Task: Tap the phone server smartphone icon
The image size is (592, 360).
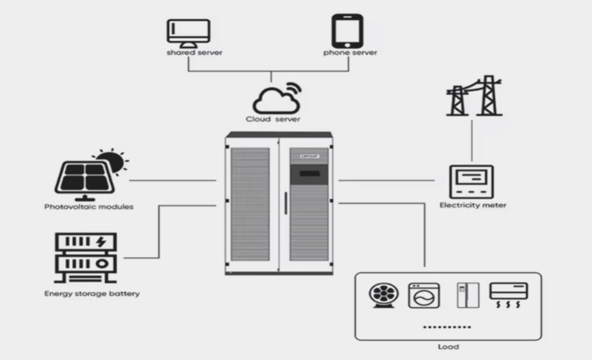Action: tap(347, 31)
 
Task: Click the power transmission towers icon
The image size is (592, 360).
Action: tap(474, 96)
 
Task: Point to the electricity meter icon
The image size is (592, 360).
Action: tap(471, 182)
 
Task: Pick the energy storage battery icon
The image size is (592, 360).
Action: tap(85, 258)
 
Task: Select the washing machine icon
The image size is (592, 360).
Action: tap(423, 295)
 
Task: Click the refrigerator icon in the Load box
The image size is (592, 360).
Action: tap(467, 295)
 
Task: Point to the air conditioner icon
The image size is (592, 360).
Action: tap(509, 294)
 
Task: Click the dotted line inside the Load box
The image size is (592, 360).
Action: tap(447, 327)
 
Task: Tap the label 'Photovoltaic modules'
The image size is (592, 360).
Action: tap(89, 207)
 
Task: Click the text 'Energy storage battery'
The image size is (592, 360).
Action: tap(92, 293)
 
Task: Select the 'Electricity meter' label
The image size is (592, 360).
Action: tap(472, 205)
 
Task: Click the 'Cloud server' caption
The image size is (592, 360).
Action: tap(273, 119)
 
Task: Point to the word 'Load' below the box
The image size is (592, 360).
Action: tap(448, 346)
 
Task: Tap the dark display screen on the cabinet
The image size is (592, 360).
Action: tap(308, 173)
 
